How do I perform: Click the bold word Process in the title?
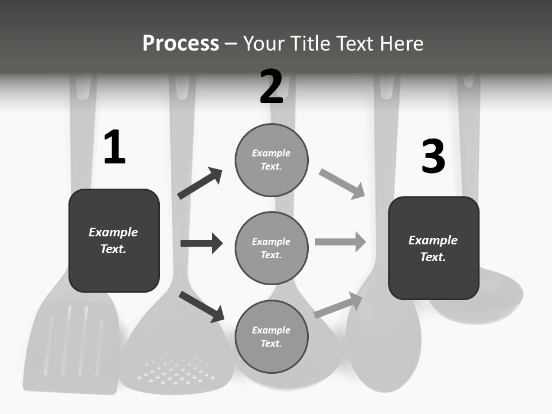coord(181,43)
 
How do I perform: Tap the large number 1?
coord(114,147)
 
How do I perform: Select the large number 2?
coord(271,86)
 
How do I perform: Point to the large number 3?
coord(433,156)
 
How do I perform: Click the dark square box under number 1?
coord(114,240)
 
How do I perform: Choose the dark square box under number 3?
coord(434,248)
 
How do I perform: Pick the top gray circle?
coord(271,159)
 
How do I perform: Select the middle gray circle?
coord(271,248)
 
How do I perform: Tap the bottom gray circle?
coord(271,336)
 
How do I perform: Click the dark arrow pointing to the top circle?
coord(200,183)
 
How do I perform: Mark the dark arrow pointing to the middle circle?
coord(201,243)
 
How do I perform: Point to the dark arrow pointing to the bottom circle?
coord(202,306)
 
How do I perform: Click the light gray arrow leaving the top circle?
coord(342,184)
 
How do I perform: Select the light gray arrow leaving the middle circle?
coord(340,242)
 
